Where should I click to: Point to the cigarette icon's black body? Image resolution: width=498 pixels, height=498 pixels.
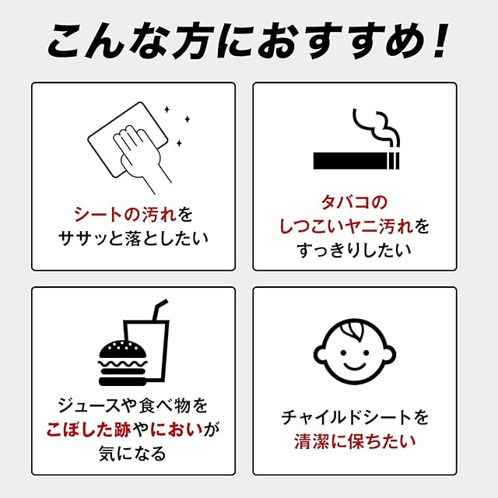pyautogui.click(x=350, y=161)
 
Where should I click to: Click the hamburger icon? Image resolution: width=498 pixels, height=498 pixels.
pyautogui.click(x=123, y=363)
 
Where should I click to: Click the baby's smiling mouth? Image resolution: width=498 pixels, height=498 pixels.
pyautogui.click(x=355, y=366)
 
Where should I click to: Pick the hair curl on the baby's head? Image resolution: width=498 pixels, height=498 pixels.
pyautogui.click(x=353, y=331)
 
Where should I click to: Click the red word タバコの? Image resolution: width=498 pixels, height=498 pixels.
pyautogui.click(x=355, y=202)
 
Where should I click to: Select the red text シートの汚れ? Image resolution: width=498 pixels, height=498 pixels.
pyautogui.click(x=125, y=215)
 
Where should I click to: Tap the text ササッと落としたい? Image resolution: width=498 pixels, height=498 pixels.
pyautogui.click(x=133, y=238)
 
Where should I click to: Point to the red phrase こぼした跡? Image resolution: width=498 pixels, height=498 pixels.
pyautogui.click(x=89, y=430)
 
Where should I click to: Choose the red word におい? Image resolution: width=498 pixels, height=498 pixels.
pyautogui.click(x=177, y=430)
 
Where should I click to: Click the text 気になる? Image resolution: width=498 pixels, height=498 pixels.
pyautogui.click(x=133, y=453)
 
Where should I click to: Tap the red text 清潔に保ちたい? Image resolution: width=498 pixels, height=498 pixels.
pyautogui.click(x=355, y=441)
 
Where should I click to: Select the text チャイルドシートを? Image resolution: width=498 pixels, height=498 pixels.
pyautogui.click(x=355, y=417)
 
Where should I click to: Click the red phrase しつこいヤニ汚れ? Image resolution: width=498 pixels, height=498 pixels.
pyautogui.click(x=346, y=226)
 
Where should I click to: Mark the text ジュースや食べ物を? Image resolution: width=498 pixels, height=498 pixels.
pyautogui.click(x=133, y=405)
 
